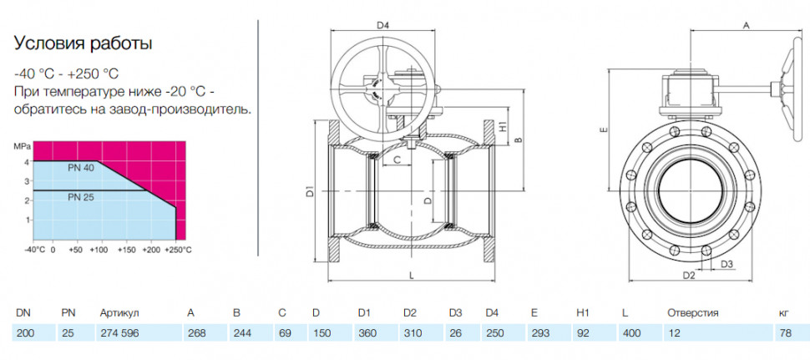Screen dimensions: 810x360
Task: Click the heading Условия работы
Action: (84, 44)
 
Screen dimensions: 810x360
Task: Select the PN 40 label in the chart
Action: (79, 168)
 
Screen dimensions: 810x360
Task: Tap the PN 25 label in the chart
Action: (79, 196)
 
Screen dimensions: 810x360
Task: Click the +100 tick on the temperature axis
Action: (99, 250)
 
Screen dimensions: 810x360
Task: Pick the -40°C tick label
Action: (34, 250)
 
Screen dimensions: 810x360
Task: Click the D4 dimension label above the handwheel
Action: (382, 25)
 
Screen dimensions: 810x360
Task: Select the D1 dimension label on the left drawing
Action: (310, 190)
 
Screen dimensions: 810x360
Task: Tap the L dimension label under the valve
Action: (412, 276)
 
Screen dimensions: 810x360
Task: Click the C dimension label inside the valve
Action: (397, 160)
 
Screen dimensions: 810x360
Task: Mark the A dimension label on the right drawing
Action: (746, 25)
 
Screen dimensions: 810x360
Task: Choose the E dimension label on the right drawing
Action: (602, 129)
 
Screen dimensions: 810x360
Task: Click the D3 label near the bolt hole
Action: (726, 265)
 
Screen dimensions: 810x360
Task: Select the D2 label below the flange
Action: (689, 276)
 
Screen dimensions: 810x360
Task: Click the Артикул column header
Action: (119, 313)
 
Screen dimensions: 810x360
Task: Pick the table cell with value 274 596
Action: (119, 333)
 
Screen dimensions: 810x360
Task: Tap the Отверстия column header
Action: (693, 313)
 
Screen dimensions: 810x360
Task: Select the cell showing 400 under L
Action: (632, 333)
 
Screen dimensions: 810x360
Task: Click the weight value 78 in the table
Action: (786, 333)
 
